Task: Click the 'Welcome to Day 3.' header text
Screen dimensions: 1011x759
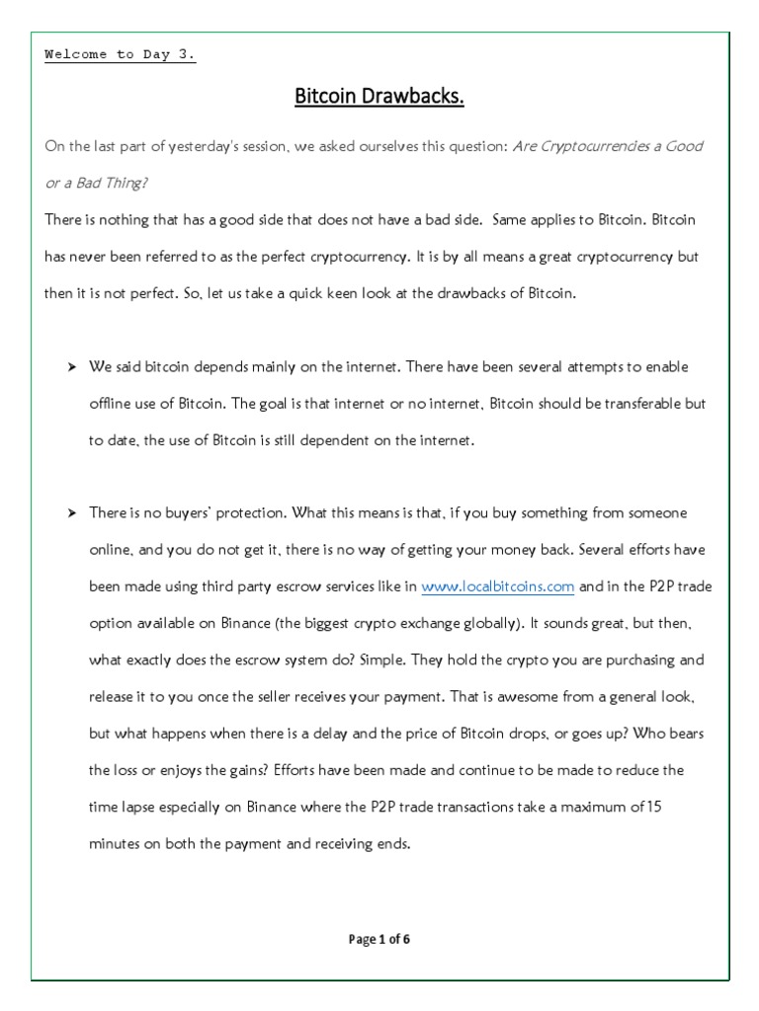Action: pos(120,54)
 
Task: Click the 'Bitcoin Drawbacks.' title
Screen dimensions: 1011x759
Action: pos(379,97)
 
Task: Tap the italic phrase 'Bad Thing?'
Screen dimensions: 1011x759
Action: pos(103,183)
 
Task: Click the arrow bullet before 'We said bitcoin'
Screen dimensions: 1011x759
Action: pos(72,367)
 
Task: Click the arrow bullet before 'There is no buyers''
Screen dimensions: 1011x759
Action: pos(72,513)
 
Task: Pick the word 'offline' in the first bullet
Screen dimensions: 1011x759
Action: pos(109,404)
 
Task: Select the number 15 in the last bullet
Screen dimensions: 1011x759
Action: pos(652,806)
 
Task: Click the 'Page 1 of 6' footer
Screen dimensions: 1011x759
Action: pos(379,939)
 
